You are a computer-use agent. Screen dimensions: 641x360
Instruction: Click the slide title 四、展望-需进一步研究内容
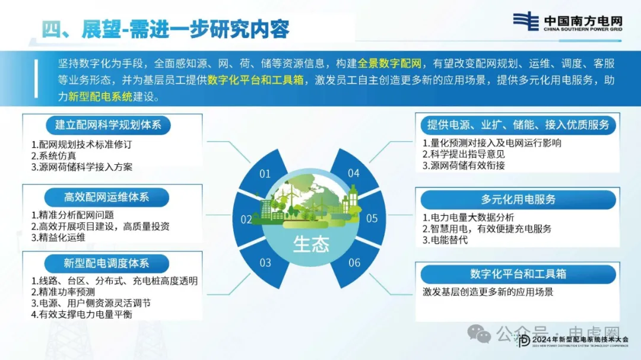166,29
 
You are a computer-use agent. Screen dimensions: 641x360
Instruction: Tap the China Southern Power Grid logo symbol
526,21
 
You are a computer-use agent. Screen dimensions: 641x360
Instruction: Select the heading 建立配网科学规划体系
108,125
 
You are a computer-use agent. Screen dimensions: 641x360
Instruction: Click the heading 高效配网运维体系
107,197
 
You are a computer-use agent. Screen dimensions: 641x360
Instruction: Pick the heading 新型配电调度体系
106,263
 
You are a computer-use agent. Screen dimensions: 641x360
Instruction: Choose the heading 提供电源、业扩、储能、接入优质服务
518,125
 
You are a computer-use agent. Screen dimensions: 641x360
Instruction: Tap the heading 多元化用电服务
518,199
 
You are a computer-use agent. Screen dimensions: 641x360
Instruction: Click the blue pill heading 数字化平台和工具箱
518,274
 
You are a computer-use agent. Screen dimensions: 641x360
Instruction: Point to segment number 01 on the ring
265,174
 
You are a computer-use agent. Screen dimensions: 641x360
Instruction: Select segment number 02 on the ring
246,219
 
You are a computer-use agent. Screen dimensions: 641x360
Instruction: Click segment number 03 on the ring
265,262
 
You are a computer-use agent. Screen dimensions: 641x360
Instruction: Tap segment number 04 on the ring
354,173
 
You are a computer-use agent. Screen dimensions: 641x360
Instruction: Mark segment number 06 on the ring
354,262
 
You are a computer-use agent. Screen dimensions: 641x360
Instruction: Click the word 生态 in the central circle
311,244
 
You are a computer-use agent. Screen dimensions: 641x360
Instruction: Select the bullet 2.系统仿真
53,156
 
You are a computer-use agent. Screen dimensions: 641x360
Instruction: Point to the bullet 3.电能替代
445,240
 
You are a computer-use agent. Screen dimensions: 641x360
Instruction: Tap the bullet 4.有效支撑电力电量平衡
82,314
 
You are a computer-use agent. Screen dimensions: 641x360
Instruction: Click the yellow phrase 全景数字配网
389,63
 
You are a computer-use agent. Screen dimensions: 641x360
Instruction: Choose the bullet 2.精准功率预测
63,292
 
